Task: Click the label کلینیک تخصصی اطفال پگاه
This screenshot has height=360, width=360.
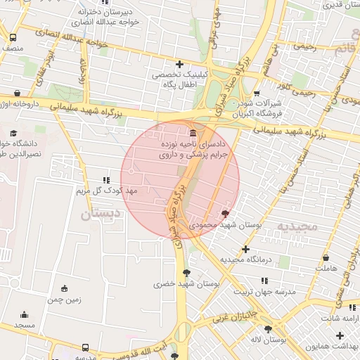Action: (x=179, y=78)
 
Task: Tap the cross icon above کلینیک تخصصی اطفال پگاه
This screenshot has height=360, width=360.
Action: (x=179, y=64)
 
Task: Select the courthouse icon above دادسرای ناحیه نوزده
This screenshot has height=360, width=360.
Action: (x=193, y=134)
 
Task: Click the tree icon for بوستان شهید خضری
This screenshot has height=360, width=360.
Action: (x=186, y=273)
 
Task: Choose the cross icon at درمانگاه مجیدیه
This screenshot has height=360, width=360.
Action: (x=245, y=249)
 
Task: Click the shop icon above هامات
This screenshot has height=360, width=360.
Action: (x=326, y=258)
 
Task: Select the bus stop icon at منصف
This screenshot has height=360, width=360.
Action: (x=13, y=38)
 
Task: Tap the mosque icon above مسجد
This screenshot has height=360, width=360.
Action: (x=25, y=315)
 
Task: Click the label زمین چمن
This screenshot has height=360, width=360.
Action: (x=65, y=300)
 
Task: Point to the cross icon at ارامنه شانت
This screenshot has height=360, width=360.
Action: (x=340, y=307)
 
